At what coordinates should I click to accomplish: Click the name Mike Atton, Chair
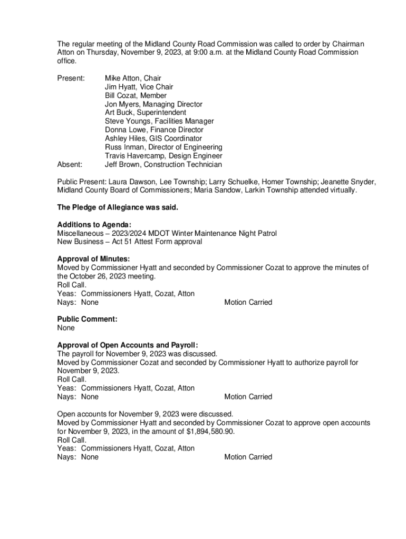tap(133, 78)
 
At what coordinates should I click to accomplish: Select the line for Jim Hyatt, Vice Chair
tap(139, 87)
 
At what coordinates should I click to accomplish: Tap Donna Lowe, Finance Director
tap(154, 130)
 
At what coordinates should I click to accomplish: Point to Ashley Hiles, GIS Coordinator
tap(153, 138)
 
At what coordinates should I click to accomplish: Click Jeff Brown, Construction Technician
tap(163, 164)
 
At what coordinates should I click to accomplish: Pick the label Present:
tap(71, 78)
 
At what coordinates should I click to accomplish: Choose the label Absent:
tap(70, 164)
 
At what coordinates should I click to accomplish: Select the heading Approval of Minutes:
tap(93, 259)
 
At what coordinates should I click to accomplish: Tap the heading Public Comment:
tap(87, 319)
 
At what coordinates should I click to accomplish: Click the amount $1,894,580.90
tap(210, 432)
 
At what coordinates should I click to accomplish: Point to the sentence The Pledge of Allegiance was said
tap(118, 207)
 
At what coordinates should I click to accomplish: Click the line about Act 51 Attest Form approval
tap(129, 242)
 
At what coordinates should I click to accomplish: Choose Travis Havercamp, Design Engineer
tap(163, 156)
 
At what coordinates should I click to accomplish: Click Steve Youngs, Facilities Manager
tap(159, 121)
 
